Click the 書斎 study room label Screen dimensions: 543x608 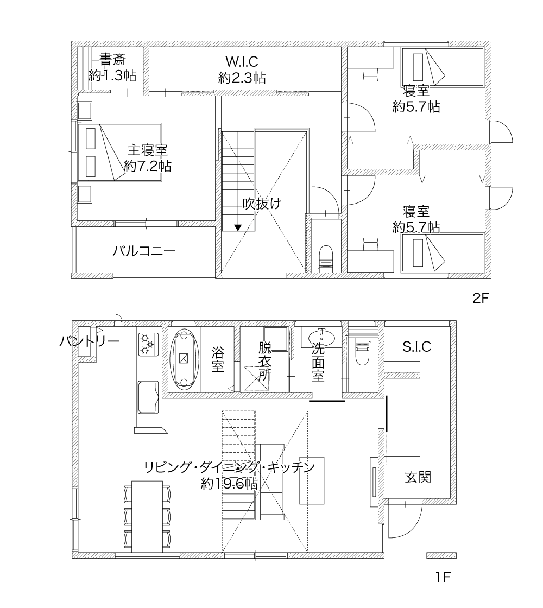click(113, 60)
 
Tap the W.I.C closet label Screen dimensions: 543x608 click(242, 61)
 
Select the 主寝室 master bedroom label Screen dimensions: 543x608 click(148, 150)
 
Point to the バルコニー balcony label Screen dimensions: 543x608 click(144, 251)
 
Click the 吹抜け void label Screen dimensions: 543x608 click(262, 203)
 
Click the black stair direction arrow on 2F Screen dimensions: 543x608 click(238, 227)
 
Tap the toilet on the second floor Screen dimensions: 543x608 click(326, 258)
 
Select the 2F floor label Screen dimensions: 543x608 click(481, 298)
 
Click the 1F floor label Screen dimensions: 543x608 click(443, 577)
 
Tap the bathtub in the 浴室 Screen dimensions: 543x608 click(184, 359)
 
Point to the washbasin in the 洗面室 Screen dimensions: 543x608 click(322, 337)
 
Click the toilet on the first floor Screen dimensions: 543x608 click(362, 351)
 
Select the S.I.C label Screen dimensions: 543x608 click(416, 347)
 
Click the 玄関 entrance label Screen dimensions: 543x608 click(418, 477)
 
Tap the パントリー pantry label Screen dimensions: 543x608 click(89, 341)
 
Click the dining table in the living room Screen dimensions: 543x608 click(147, 516)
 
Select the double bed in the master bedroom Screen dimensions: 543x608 click(119, 152)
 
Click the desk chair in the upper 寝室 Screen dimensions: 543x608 click(370, 74)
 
